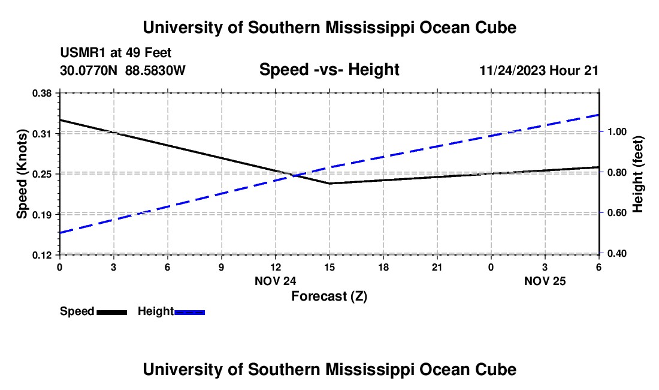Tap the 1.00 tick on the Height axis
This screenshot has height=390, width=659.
coord(617,131)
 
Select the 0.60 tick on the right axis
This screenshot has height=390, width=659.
coord(617,213)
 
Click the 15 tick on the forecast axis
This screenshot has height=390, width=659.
coord(329,267)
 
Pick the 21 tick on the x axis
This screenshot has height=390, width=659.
coord(437,267)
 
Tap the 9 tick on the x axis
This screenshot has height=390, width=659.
coord(222,267)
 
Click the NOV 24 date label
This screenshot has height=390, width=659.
coord(276,281)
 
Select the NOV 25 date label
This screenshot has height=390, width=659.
coord(545,281)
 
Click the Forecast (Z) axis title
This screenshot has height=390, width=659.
coord(329,296)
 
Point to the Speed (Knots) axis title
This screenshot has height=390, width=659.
coord(22,174)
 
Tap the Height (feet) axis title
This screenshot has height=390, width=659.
coord(637,174)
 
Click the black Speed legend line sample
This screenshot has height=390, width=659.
coord(112,313)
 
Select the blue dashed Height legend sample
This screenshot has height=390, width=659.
coord(189,313)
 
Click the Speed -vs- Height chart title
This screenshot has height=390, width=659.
coord(329,70)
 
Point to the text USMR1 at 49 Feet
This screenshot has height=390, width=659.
coord(116,53)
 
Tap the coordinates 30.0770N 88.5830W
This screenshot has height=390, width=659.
coord(122,70)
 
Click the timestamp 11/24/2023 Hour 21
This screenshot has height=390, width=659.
coord(539,70)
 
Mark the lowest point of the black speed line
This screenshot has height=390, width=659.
coord(329,184)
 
